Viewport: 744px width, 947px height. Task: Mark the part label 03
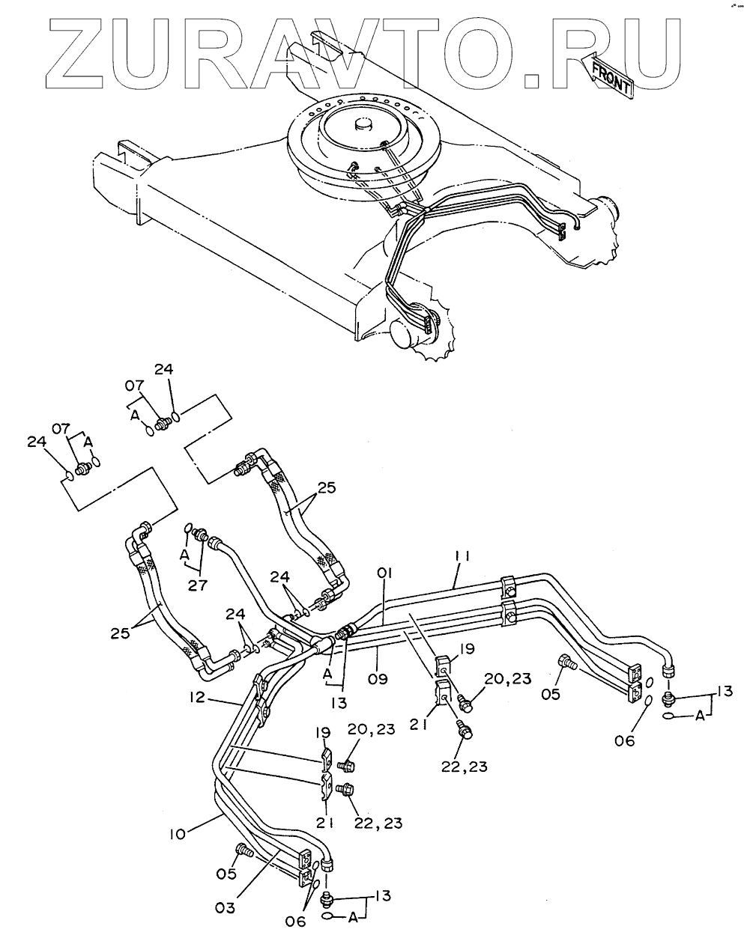point(226,907)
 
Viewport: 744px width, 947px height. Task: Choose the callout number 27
point(198,585)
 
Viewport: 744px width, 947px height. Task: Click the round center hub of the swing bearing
point(365,125)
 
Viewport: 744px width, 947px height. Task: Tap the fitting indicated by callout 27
point(200,535)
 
